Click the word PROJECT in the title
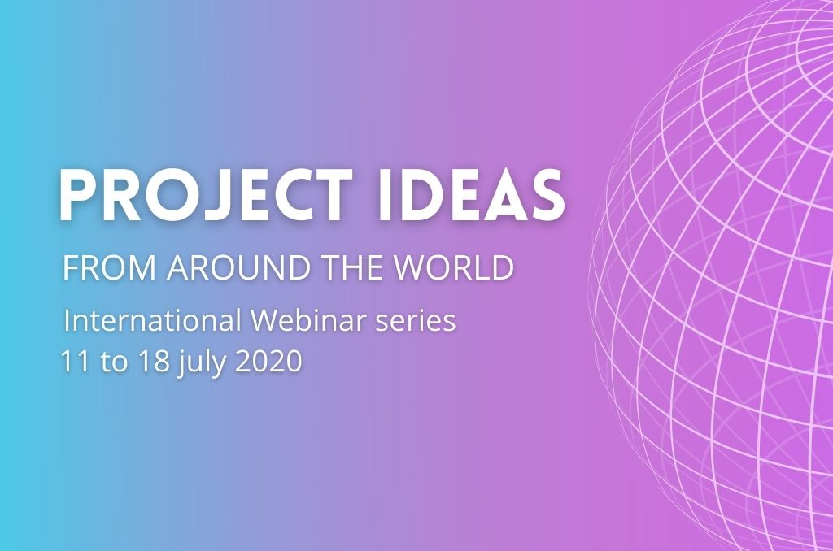pos(205,195)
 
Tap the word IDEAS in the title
pos(471,195)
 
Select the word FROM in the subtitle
pos(109,267)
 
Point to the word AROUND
pos(238,267)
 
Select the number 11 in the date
pos(74,361)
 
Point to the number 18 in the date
pos(154,361)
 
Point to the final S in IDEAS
pos(547,195)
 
